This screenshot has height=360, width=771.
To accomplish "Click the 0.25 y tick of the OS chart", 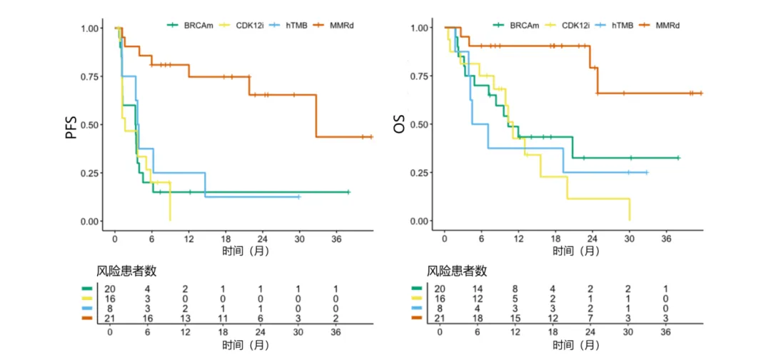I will tap(419, 173).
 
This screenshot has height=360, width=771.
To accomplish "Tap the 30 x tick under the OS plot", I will tap(629, 239).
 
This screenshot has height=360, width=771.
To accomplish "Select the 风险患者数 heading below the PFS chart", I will tap(126, 271).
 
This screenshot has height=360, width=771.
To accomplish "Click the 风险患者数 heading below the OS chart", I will tap(457, 271).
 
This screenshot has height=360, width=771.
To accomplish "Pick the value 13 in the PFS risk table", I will tap(185, 318).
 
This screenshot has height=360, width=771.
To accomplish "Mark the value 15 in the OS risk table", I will tap(515, 318).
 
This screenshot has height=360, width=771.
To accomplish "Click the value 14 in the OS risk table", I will tap(478, 289).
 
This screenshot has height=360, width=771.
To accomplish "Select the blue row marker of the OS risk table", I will tap(416, 308).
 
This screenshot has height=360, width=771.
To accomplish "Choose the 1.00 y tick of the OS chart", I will tap(419, 29).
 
